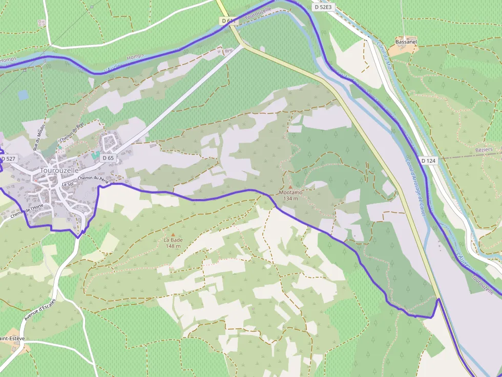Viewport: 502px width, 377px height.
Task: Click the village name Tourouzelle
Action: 59,170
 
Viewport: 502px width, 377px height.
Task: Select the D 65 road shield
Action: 108,158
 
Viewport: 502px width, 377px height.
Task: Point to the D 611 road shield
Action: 228,21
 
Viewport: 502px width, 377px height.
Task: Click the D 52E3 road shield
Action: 323,7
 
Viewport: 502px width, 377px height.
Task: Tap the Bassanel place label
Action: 406,41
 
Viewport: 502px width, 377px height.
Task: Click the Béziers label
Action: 484,149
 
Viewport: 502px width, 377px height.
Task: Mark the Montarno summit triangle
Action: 290,187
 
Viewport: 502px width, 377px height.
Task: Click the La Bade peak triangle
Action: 173,234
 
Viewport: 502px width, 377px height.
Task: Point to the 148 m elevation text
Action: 173,246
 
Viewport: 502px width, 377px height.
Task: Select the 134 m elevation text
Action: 290,198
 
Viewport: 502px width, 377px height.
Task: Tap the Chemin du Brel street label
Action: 71,133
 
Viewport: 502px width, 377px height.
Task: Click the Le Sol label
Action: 68,184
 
